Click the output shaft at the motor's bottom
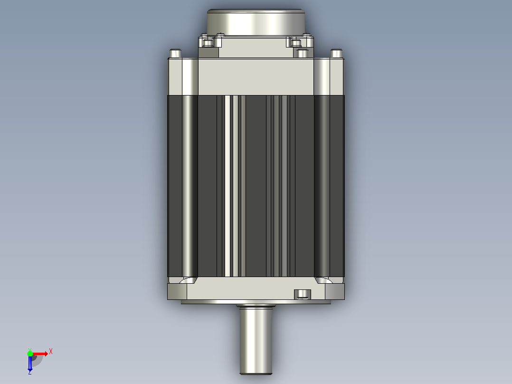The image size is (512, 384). [256, 340]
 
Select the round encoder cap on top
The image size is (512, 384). [256, 22]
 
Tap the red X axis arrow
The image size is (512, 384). [40, 354]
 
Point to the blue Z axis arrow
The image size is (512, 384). [30, 364]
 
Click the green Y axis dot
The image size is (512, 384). [30, 354]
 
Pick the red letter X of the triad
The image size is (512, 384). [51, 352]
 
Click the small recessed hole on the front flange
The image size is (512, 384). [303, 294]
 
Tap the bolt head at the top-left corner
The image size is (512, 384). [175, 54]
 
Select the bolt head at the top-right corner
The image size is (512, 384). [337, 54]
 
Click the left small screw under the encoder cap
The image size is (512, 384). [208, 43]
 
